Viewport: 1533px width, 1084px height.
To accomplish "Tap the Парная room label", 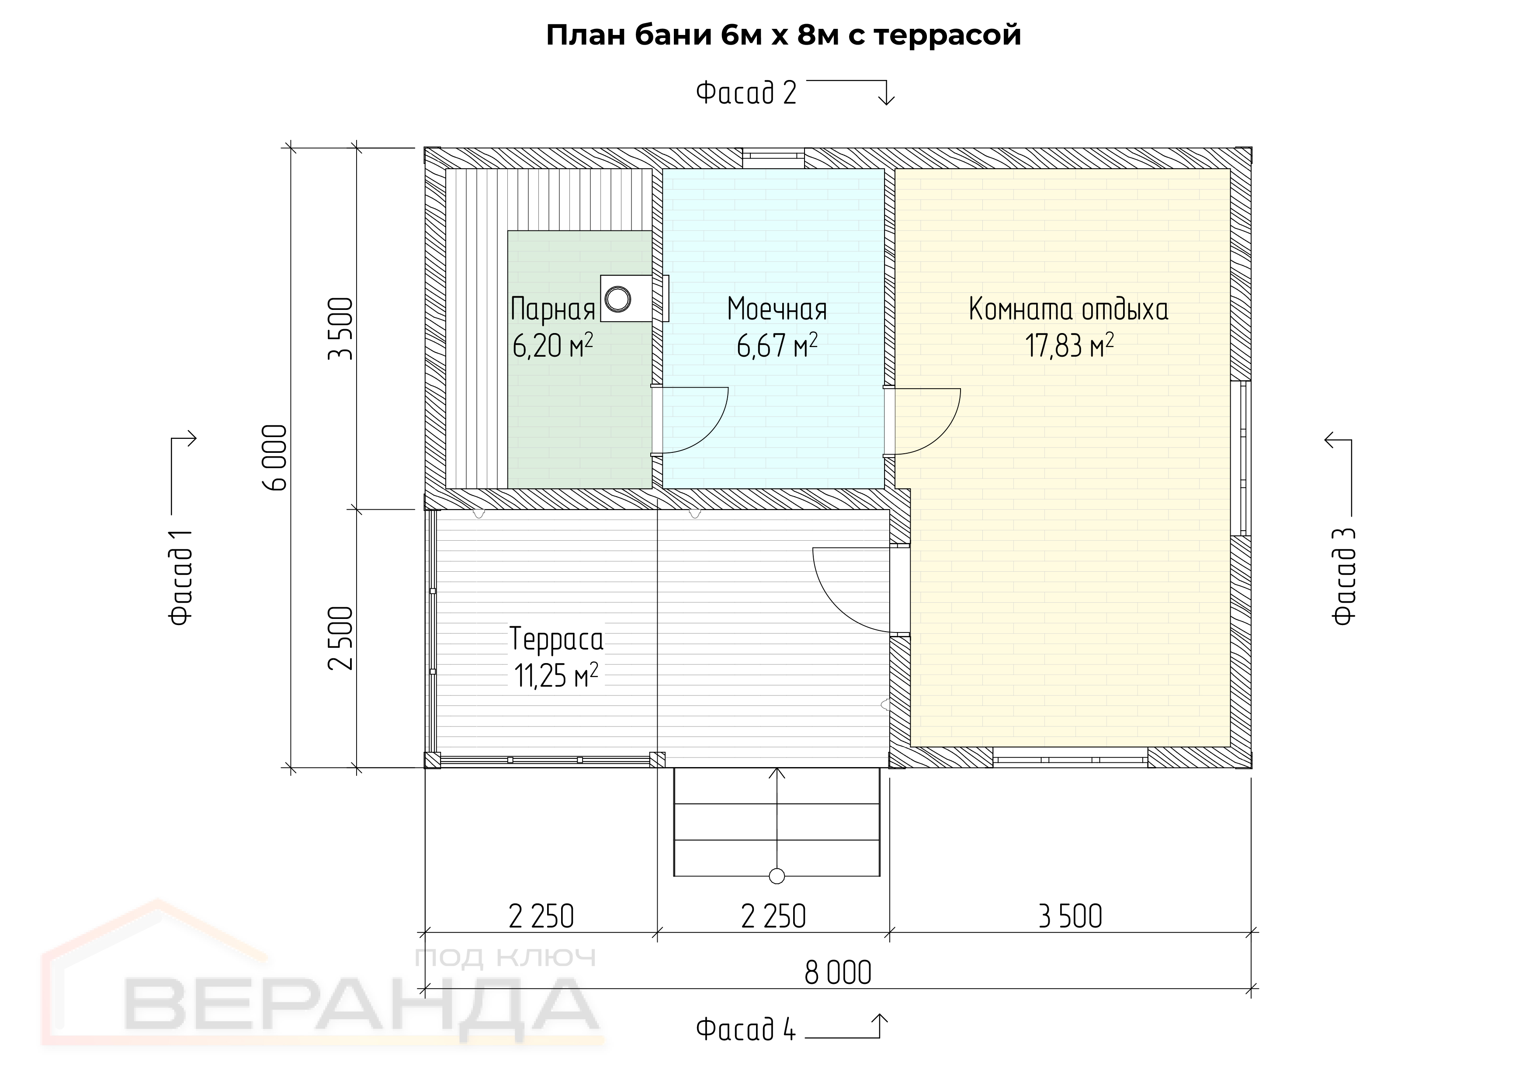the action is pos(553,309).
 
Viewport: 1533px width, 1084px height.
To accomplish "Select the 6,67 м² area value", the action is pos(777,345).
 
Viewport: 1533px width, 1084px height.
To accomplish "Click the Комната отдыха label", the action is pos(1068,309).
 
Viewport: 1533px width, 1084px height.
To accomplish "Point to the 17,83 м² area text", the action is pos(1070,345).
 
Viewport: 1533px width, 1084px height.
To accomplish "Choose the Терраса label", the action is pos(556,639).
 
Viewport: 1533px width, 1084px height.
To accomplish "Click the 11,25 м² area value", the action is pos(556,675).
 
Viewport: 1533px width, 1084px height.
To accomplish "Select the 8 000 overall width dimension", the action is pos(838,973).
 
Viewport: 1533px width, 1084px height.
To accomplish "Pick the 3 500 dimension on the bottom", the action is pos(1070,916).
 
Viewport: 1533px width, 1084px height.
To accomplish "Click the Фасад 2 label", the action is pos(746,93).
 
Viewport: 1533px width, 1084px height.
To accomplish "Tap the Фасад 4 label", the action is pos(746,1029).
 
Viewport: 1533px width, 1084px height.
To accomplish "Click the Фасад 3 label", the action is pos(1344,577).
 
